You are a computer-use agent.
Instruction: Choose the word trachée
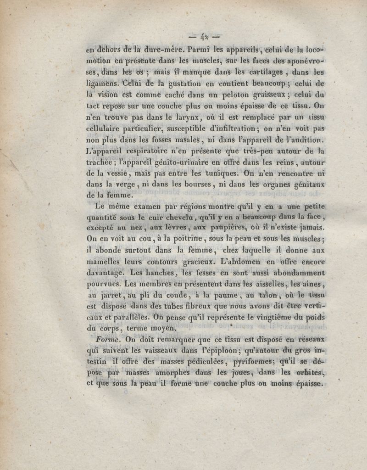[x=101, y=162]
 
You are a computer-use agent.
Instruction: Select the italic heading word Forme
[x=108, y=340]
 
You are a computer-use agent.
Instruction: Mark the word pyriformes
[x=249, y=362]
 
